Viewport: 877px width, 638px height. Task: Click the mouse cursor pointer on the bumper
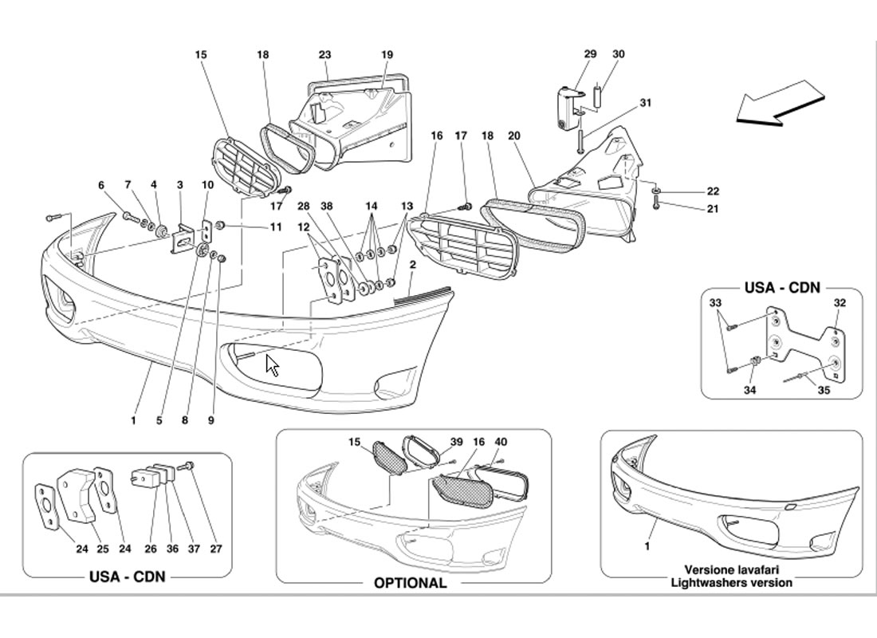[x=272, y=365]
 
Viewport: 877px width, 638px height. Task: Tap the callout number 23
[x=324, y=54]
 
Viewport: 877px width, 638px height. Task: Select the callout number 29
[x=590, y=54]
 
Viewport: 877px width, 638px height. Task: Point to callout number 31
[x=646, y=102]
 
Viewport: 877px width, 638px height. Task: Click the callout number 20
[x=513, y=136]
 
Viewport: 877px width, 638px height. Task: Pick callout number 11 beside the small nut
[x=275, y=226]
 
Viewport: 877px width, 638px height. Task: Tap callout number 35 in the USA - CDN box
[x=824, y=391]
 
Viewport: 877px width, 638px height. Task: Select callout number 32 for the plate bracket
[x=840, y=303]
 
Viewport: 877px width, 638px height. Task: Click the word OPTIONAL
[x=410, y=583]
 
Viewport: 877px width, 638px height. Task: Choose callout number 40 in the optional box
[x=500, y=442]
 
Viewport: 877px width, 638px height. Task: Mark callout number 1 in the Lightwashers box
[x=647, y=548]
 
